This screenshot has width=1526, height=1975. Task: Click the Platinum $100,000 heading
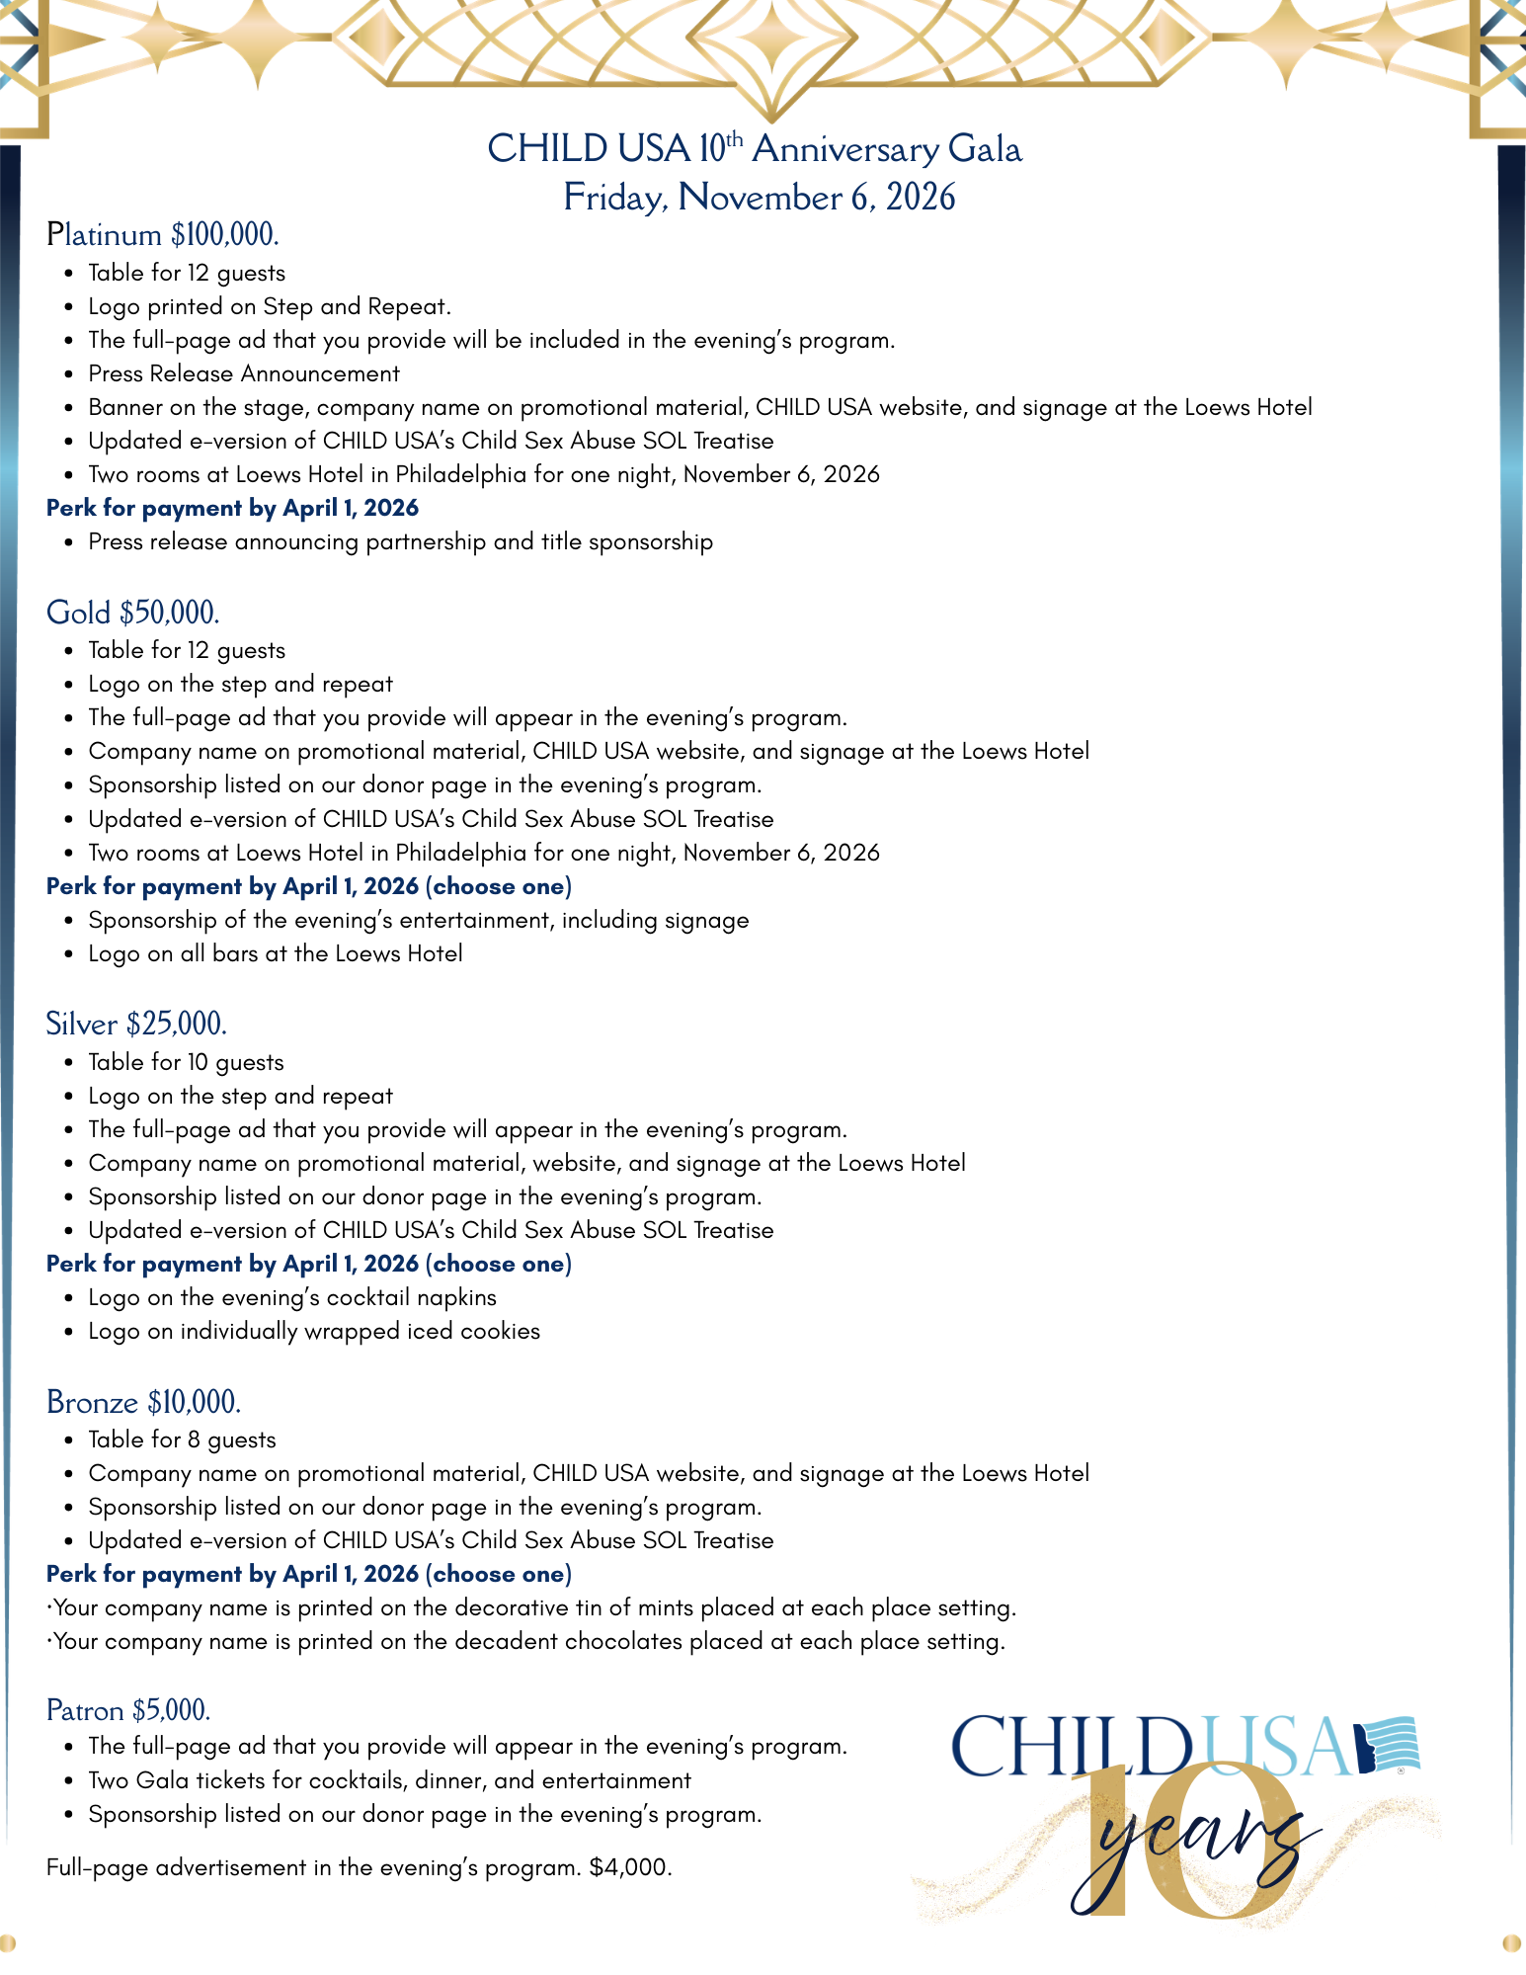click(x=163, y=235)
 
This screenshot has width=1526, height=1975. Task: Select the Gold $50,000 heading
click(x=132, y=613)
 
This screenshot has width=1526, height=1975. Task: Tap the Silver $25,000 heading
click(x=136, y=1025)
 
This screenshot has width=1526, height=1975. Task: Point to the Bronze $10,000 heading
click(x=143, y=1403)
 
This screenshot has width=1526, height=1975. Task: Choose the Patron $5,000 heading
click(x=128, y=1710)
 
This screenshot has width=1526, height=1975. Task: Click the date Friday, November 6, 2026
click(x=759, y=197)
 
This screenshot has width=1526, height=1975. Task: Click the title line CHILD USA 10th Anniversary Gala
click(x=755, y=148)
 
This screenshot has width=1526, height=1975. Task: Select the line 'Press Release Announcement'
click(x=244, y=373)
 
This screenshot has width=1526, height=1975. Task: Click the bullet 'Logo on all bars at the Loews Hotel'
click(x=276, y=953)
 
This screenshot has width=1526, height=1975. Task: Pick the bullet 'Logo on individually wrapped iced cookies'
click(x=314, y=1331)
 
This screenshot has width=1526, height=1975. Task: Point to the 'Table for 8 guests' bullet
click(x=182, y=1440)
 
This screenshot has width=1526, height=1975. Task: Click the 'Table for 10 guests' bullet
click(x=186, y=1062)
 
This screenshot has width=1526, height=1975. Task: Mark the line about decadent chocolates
click(x=526, y=1641)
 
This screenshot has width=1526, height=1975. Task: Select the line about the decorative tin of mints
click(x=531, y=1607)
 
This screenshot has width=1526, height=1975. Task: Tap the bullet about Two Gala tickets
click(x=389, y=1780)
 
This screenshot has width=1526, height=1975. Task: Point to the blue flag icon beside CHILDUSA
click(x=1387, y=1745)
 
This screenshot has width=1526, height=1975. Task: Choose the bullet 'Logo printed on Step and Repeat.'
click(x=270, y=306)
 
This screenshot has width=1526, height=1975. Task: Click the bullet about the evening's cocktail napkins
click(x=292, y=1297)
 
